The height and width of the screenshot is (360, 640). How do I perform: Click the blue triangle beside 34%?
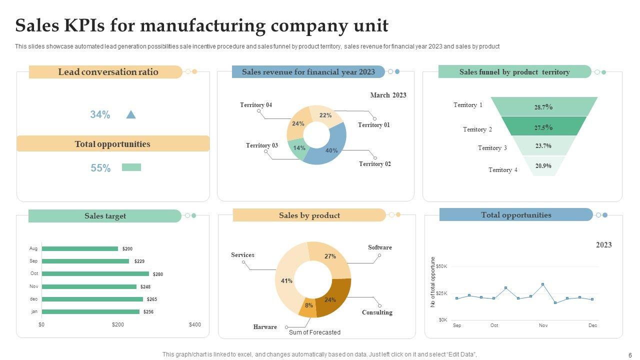(131, 114)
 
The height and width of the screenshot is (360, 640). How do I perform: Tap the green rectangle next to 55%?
(131, 167)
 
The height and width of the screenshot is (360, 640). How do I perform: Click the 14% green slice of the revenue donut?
(298, 148)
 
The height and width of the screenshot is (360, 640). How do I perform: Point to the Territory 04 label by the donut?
(256, 105)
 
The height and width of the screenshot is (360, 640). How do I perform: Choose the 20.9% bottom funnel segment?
(543, 166)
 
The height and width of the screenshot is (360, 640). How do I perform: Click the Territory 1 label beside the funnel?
(468, 105)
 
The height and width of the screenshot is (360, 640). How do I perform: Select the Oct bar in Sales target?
(95, 273)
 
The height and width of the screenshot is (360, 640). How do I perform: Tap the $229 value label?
(139, 261)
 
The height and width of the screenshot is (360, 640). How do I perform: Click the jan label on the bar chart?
(34, 311)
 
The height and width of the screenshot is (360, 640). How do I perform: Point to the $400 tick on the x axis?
(195, 324)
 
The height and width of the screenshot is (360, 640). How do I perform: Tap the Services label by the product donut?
(242, 255)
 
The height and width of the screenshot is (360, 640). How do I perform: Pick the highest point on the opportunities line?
(543, 284)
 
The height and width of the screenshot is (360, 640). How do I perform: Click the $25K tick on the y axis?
(441, 293)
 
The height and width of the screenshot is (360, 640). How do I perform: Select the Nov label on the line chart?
(543, 325)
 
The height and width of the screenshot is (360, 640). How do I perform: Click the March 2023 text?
(388, 95)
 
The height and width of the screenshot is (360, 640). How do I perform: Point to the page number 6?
(629, 354)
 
